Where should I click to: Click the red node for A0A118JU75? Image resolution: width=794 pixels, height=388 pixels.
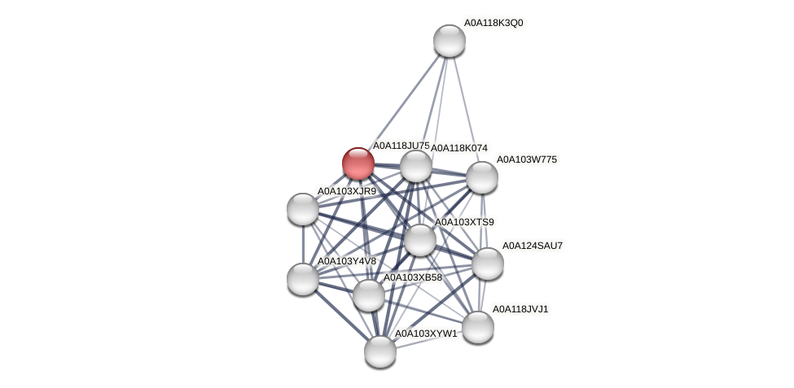[x=358, y=163]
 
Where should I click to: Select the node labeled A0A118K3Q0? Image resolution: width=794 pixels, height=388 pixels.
[x=449, y=41]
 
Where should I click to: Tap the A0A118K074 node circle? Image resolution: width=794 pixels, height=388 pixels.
[x=415, y=166]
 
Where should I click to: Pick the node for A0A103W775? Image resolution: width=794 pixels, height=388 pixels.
[x=481, y=177]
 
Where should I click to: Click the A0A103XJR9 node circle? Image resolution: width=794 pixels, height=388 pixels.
[x=303, y=209]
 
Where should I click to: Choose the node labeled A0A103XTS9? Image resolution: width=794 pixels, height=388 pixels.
[x=419, y=240]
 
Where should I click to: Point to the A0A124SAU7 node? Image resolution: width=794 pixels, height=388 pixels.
[x=488, y=263]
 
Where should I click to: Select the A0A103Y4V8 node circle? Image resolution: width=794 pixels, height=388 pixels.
[x=303, y=279]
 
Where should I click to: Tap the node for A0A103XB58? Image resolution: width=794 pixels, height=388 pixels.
[x=368, y=294]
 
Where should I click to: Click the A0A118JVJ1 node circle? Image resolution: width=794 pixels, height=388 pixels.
[x=478, y=327]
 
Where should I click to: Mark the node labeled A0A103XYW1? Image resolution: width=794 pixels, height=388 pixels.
[x=380, y=351]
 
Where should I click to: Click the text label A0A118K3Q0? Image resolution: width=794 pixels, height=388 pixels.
[x=494, y=23]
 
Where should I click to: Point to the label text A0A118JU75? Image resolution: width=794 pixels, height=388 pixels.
[x=401, y=146]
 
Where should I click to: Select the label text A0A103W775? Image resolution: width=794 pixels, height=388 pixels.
[x=527, y=159]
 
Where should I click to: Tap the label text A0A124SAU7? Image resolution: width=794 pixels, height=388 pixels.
[x=532, y=246]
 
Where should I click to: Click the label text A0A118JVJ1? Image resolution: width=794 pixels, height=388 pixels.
[x=521, y=309]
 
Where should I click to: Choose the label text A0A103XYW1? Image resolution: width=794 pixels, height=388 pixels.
[x=426, y=334]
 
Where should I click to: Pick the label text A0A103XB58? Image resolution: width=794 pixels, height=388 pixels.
[x=413, y=277]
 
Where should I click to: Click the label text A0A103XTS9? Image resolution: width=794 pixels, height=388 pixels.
[x=464, y=222]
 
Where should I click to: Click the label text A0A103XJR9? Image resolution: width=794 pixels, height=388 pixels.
[x=347, y=192]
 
